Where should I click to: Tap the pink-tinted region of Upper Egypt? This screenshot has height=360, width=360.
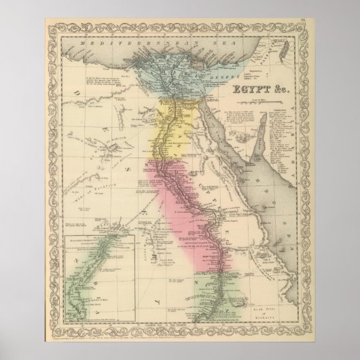click(183, 197)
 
